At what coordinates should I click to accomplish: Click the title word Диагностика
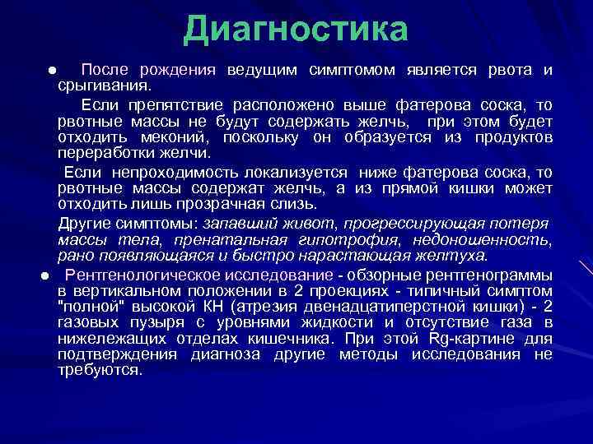[x=296, y=30]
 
